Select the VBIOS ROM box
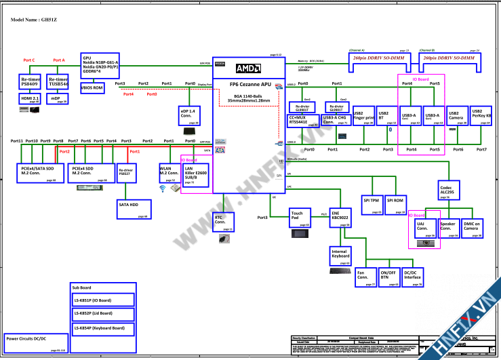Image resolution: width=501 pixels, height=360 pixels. click(92, 88)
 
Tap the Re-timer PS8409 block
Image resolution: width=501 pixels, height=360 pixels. click(30, 82)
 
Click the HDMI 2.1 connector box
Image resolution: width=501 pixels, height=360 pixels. click(30, 99)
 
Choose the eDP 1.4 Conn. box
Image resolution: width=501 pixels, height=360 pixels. click(188, 113)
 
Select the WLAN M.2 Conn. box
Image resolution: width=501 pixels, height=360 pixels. click(168, 172)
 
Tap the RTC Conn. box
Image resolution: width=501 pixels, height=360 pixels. click(224, 221)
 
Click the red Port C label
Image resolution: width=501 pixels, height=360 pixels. click(29, 60)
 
